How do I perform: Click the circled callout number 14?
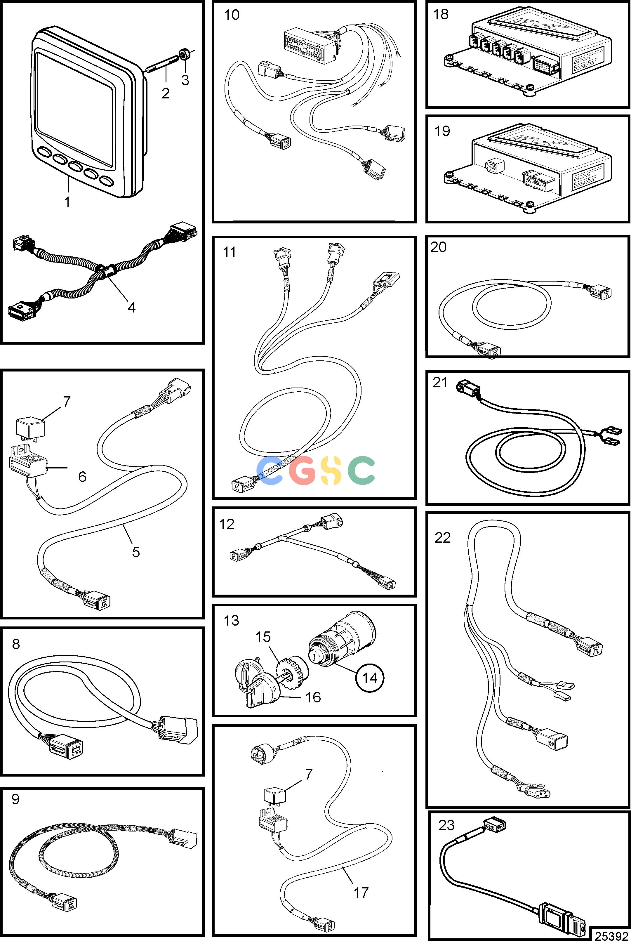369,678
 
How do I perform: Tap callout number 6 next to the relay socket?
82,477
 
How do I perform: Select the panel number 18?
440,15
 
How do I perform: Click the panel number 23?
446,825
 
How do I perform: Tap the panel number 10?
231,15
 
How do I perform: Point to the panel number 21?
440,382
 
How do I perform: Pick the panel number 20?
438,247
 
